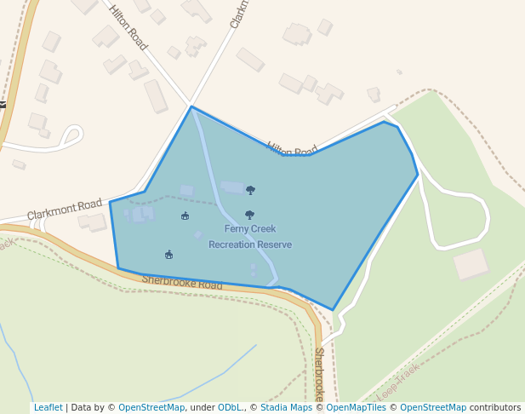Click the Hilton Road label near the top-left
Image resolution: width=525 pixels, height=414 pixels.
click(x=128, y=27)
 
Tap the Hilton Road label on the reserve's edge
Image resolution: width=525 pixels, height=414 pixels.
click(x=292, y=149)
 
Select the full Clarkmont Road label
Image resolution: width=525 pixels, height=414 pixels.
click(x=64, y=210)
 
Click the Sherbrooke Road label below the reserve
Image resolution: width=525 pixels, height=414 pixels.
click(x=181, y=282)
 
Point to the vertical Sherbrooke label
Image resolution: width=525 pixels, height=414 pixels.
click(x=319, y=375)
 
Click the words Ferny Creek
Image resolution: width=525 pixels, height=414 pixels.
click(x=250, y=229)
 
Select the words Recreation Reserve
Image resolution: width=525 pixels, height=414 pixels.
click(x=250, y=244)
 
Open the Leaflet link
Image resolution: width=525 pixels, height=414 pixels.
click(x=49, y=407)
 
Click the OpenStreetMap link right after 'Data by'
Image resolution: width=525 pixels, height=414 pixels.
click(x=151, y=407)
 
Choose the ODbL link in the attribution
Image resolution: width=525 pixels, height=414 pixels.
click(x=230, y=407)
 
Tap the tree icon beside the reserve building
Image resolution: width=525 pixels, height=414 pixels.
click(x=250, y=190)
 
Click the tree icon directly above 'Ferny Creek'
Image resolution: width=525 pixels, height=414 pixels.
click(x=249, y=215)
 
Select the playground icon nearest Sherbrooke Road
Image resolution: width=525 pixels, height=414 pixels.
click(x=168, y=254)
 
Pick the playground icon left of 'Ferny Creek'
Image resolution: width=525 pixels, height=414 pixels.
click(x=185, y=216)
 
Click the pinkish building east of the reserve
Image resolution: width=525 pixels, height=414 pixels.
click(x=471, y=264)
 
